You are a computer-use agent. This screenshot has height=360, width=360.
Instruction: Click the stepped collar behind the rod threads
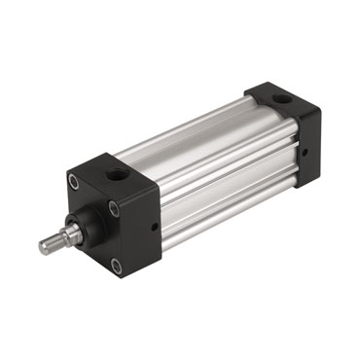click(x=65, y=235)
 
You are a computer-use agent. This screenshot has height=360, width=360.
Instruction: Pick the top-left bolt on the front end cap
click(x=74, y=182)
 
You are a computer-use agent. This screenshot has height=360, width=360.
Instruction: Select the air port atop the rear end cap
click(x=280, y=99)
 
